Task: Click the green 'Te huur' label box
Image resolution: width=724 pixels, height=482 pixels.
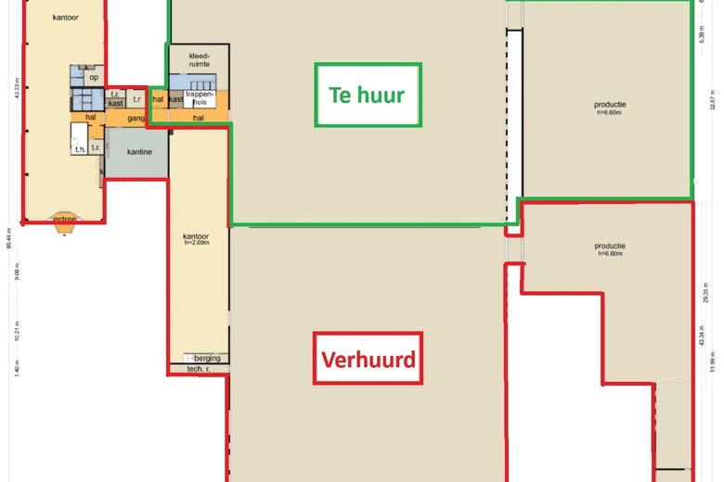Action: pyautogui.click(x=368, y=95)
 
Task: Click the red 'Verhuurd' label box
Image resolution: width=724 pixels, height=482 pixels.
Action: pyautogui.click(x=368, y=358)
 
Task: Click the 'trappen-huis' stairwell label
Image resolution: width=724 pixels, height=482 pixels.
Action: pyautogui.click(x=200, y=97)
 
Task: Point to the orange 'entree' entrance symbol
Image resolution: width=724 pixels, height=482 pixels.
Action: pyautogui.click(x=64, y=220)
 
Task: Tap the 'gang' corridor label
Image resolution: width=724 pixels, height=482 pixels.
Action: pyautogui.click(x=136, y=119)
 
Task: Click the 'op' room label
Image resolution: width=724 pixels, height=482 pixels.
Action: pyautogui.click(x=94, y=77)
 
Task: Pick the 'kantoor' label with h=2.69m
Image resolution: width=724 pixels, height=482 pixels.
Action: pyautogui.click(x=197, y=239)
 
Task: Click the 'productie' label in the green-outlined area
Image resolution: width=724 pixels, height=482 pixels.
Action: pyautogui.click(x=609, y=106)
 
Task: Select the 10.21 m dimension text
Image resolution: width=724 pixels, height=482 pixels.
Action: pyautogui.click(x=17, y=331)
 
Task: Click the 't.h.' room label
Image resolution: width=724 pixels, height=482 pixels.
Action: pyautogui.click(x=81, y=147)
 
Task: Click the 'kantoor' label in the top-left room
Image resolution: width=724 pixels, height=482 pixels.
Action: pyautogui.click(x=64, y=18)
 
